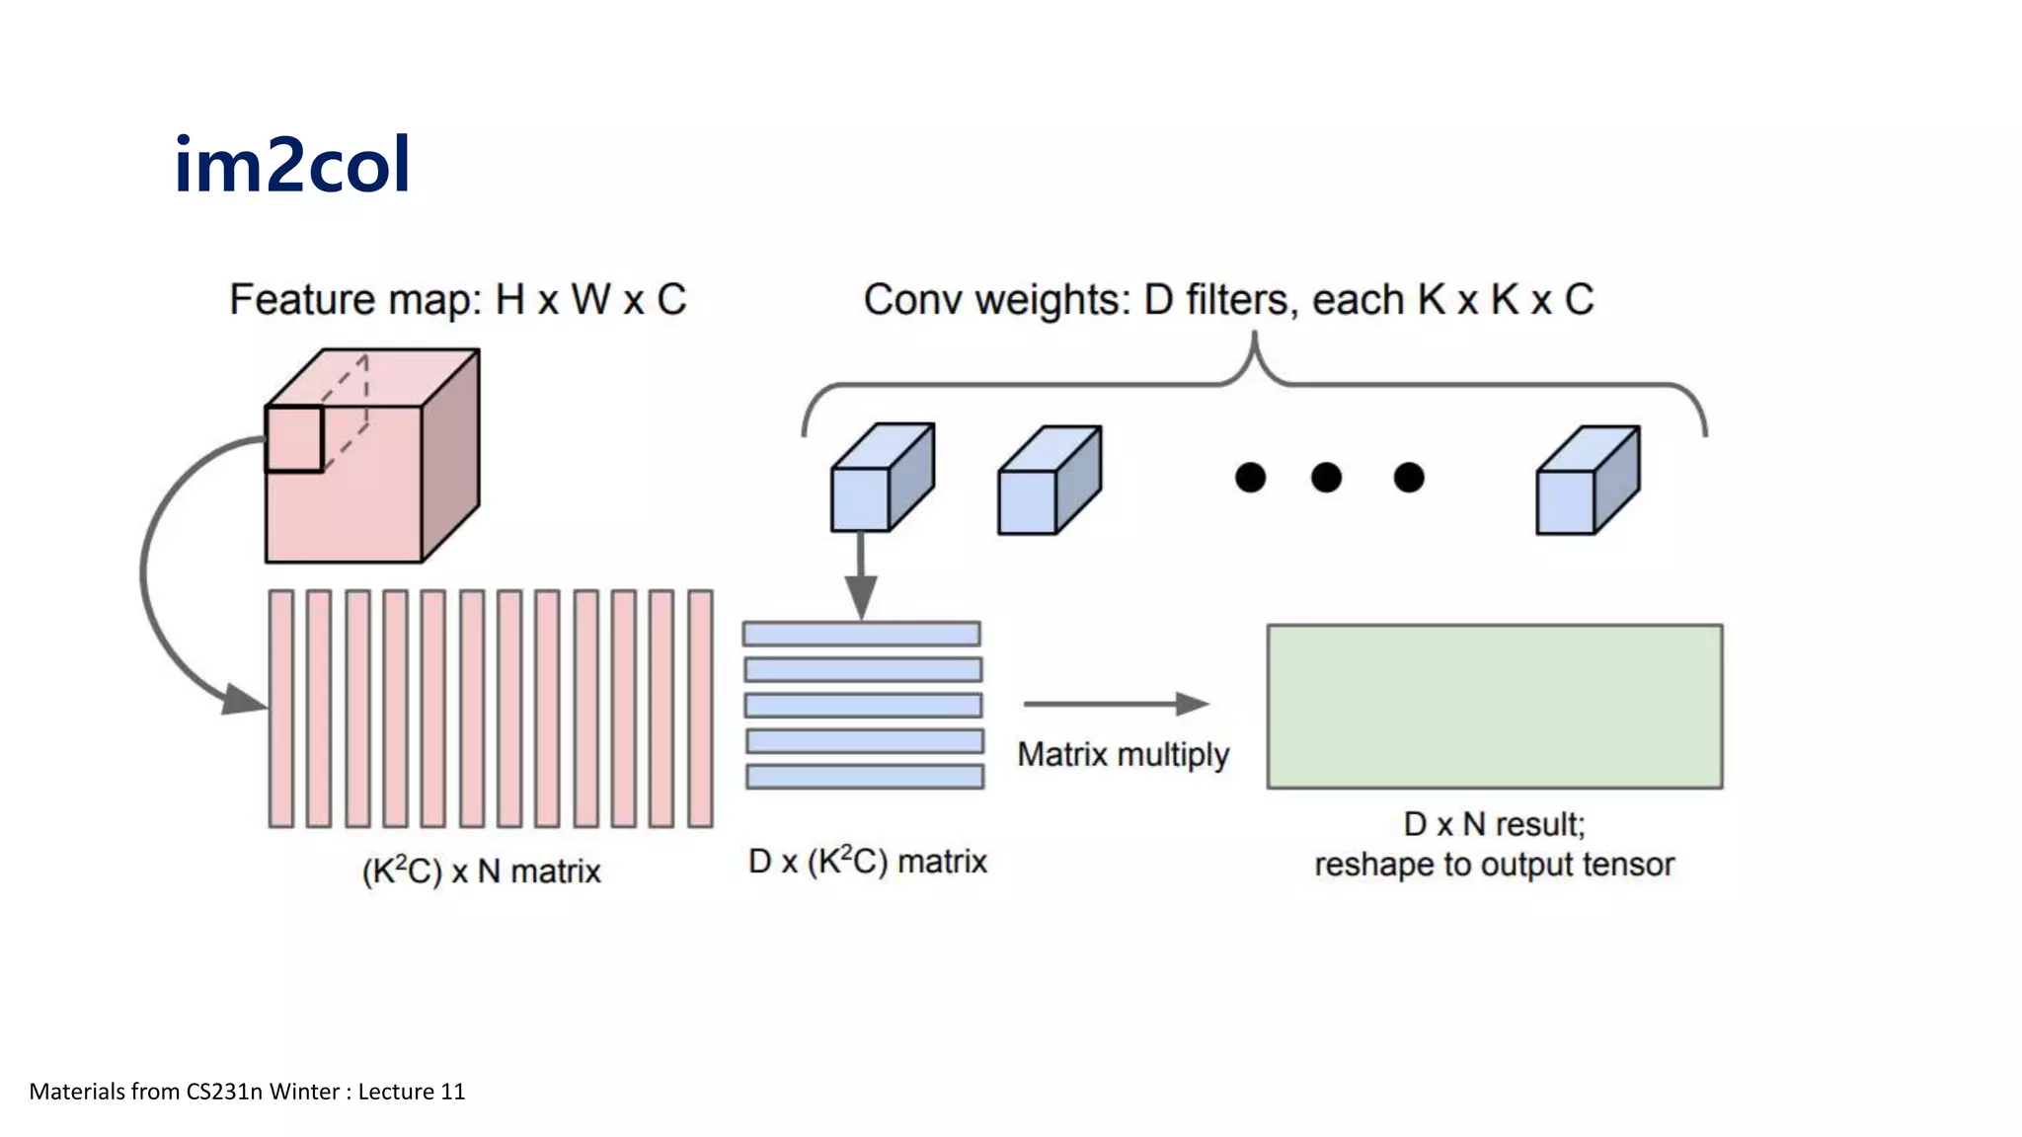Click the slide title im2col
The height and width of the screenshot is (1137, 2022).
292,165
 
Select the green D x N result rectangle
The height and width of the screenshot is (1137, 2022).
1495,707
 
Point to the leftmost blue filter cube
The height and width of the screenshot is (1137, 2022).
881,480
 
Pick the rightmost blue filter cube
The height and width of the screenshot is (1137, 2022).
1587,482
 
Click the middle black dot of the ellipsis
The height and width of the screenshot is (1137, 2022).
1326,478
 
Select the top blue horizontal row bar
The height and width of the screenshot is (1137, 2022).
862,634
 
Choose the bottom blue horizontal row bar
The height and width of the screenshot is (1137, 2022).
865,777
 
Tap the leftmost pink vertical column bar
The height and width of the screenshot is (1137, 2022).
281,709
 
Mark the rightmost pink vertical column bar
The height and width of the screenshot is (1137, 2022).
700,709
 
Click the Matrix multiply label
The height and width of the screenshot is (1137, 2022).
1123,755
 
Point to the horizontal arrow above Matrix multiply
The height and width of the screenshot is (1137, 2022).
1116,704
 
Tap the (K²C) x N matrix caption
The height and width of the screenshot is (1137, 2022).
481,872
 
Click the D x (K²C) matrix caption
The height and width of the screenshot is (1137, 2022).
867,862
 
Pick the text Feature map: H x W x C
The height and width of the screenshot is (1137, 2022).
457,300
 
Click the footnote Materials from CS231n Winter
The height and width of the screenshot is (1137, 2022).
247,1092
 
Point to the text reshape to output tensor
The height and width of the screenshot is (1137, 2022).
1494,865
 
